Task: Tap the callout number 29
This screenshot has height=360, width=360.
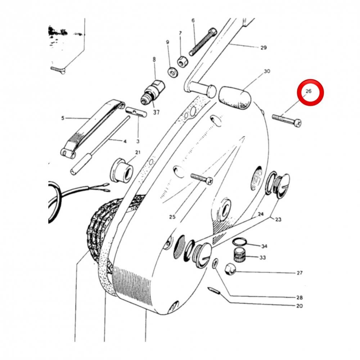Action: click(264, 48)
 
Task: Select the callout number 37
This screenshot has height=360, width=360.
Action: click(156, 112)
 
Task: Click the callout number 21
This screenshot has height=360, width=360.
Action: click(138, 152)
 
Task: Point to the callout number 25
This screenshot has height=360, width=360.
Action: click(172, 217)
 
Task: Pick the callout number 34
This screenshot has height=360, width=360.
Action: click(264, 246)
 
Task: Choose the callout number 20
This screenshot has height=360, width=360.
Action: click(300, 306)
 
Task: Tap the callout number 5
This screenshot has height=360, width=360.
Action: click(63, 118)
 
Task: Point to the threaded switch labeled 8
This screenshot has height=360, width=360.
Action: click(153, 93)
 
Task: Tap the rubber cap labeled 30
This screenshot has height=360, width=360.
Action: click(235, 98)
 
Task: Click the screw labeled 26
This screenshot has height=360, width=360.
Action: click(287, 120)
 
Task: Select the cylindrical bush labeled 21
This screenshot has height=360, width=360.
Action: click(122, 170)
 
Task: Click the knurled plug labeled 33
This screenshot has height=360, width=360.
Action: click(240, 255)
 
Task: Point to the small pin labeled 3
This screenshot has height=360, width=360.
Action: click(136, 112)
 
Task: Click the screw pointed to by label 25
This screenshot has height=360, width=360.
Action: click(202, 179)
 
